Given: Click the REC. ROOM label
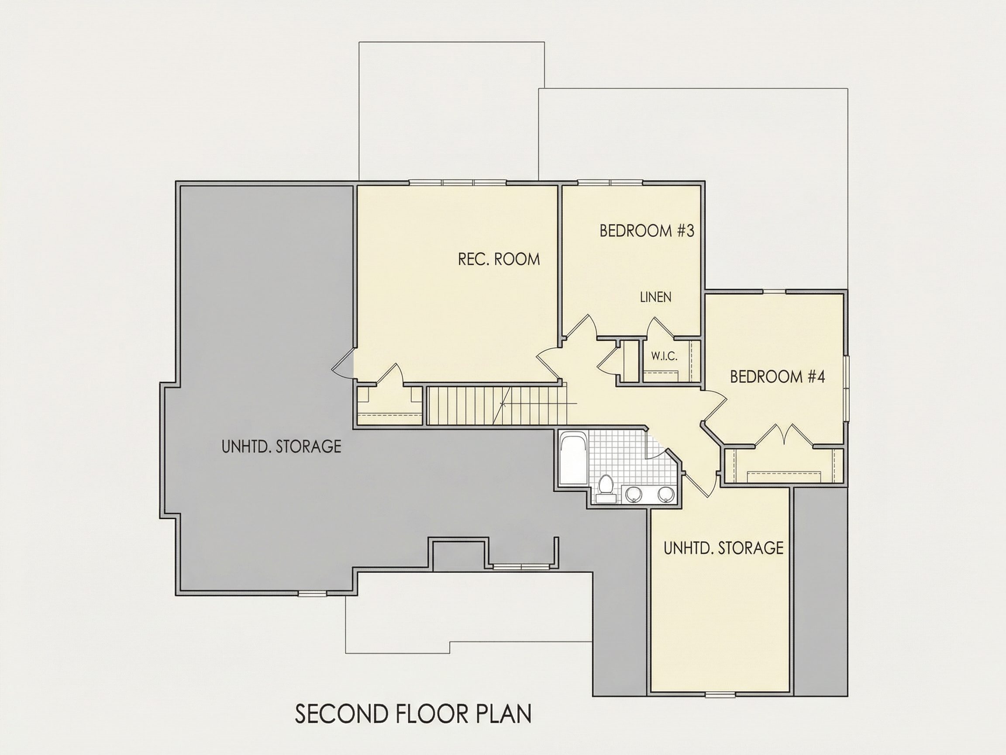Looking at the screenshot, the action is [499, 259].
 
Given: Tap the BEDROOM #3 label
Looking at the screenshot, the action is [647, 231].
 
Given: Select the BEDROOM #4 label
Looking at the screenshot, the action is [777, 376].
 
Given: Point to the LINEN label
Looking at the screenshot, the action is [655, 297].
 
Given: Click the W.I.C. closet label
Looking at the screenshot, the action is [664, 357].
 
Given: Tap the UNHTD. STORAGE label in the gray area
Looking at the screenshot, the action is [281, 447].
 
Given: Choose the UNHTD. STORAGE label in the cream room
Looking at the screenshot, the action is [723, 548].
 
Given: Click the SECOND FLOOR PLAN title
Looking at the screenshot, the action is [413, 714].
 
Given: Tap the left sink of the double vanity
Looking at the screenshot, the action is [634, 493].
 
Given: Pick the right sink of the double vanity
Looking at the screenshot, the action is [666, 493].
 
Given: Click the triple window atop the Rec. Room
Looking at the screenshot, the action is [458, 183].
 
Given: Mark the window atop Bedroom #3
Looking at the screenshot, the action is [610, 183].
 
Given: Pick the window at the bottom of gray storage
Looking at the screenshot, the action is [313, 593].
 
